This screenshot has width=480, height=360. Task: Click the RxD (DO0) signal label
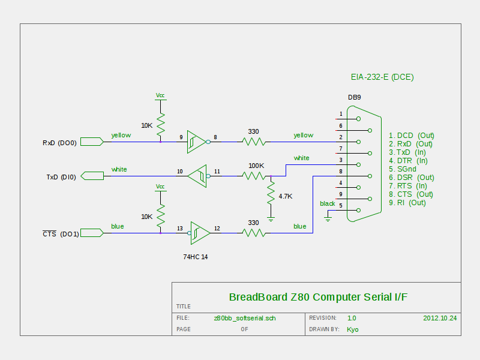(x=59, y=143)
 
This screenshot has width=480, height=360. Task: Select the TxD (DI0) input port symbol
(x=92, y=176)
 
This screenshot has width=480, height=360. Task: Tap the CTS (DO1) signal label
(x=61, y=234)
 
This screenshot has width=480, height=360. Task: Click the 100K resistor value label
(x=256, y=166)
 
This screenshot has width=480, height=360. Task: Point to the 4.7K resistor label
(x=286, y=196)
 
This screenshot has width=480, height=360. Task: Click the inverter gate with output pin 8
(x=196, y=142)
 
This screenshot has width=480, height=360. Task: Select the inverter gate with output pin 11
(x=197, y=176)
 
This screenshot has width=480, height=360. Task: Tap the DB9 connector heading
(x=355, y=97)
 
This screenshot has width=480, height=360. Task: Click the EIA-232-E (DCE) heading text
(x=382, y=77)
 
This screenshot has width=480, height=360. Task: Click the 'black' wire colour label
(x=328, y=204)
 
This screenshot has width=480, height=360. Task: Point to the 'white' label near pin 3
(x=301, y=158)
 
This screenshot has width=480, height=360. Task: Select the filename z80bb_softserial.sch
(x=244, y=318)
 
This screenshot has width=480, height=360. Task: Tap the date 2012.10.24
(x=440, y=318)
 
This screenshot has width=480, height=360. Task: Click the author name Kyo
(x=353, y=329)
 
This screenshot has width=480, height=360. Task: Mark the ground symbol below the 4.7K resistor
(x=271, y=220)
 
